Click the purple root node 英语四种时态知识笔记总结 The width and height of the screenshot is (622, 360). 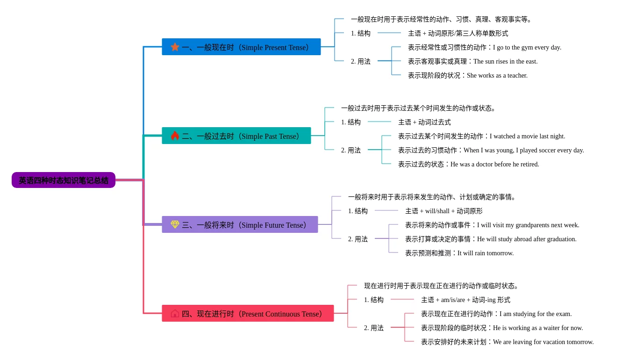click(64, 180)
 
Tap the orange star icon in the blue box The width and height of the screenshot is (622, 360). click(175, 47)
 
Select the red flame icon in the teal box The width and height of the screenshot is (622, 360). click(175, 136)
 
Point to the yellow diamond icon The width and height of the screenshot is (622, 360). click(175, 224)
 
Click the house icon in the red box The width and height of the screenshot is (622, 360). click(175, 314)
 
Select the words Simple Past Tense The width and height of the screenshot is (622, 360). click(269, 137)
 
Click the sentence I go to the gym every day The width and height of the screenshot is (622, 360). click(527, 48)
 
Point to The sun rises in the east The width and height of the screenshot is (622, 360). click(505, 61)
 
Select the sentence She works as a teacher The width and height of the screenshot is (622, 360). click(497, 76)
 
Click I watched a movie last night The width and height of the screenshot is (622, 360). click(527, 137)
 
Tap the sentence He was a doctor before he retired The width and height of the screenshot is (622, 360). click(494, 165)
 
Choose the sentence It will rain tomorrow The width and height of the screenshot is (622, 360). click(486, 253)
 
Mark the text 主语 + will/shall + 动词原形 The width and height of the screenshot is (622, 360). click(444, 211)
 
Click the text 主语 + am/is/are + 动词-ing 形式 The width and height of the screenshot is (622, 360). click(465, 300)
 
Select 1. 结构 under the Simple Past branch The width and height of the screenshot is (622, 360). click(350, 122)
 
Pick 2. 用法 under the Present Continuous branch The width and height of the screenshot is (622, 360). click(374, 328)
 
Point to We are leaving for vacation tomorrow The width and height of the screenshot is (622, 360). click(543, 342)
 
